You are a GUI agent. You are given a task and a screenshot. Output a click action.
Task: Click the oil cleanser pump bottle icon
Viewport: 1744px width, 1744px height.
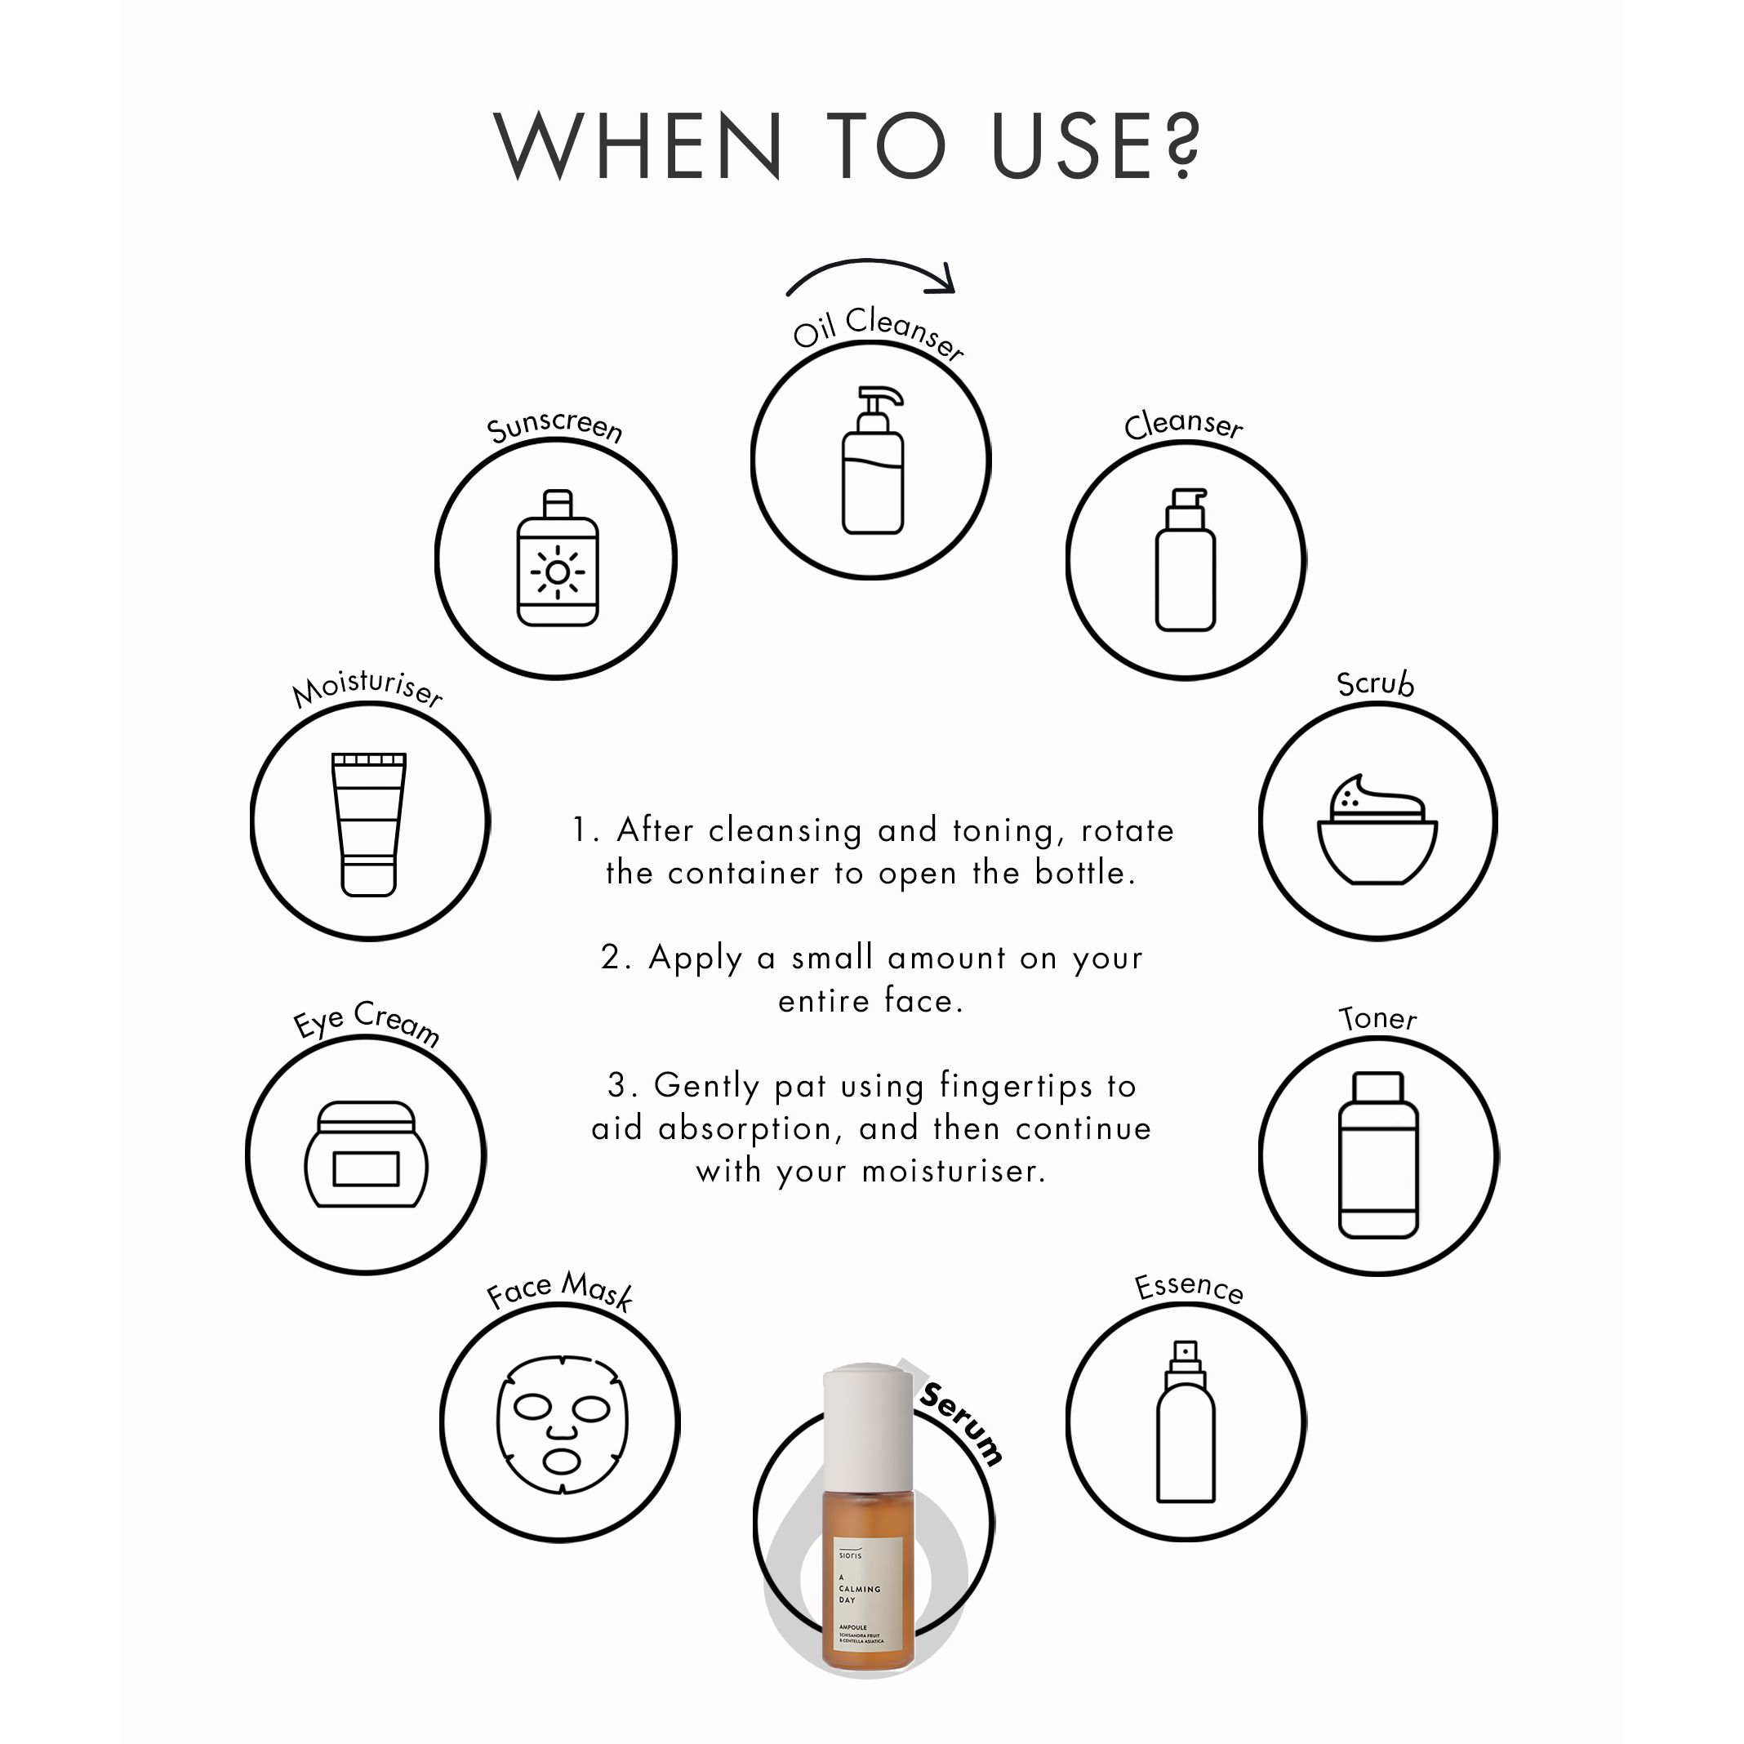click(x=873, y=461)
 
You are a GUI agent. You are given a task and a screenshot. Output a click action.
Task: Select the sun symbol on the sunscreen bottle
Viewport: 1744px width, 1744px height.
click(x=557, y=572)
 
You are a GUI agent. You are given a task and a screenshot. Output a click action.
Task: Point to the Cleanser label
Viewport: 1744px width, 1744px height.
click(x=1182, y=425)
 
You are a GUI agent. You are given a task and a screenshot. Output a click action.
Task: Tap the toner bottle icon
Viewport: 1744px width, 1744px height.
click(x=1378, y=1155)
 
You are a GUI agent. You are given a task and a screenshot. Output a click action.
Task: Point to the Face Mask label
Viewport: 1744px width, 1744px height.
click(x=558, y=1290)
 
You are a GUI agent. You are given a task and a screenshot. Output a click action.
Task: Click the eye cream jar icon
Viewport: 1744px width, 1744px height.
click(x=366, y=1155)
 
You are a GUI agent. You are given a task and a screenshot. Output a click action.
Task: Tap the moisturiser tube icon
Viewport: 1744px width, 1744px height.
click(x=368, y=823)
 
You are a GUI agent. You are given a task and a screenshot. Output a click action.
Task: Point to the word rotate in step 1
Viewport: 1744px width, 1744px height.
click(x=1127, y=830)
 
